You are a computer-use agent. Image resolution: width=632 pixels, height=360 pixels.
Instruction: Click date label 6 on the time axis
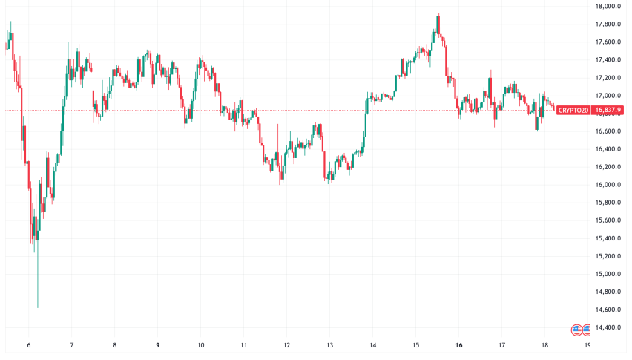pos(29,345)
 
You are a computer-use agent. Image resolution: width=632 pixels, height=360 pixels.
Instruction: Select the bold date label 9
pos(157,345)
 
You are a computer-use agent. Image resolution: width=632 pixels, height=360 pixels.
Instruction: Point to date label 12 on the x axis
pos(286,345)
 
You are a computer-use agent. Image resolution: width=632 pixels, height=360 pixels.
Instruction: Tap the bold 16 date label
pos(458,345)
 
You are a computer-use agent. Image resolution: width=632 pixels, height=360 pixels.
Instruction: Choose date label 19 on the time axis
pos(587,345)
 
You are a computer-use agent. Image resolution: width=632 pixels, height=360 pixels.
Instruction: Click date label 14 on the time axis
pos(372,345)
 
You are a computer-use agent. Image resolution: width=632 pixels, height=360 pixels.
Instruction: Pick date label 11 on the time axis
pos(243,345)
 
